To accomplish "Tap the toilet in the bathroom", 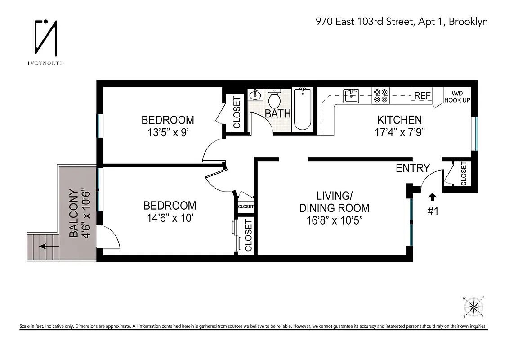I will tap(274, 98).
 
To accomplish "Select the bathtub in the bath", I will tap(302, 109).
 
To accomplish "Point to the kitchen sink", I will tap(351, 95).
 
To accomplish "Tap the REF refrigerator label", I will tap(422, 95).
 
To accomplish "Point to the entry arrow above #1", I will tap(433, 196).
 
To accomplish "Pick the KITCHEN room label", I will tap(399, 120).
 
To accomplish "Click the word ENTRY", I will tap(412, 168).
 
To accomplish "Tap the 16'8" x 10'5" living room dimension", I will tap(334, 220).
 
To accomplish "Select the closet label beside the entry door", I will tap(464, 174).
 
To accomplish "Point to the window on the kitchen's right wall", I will tap(474, 134).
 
